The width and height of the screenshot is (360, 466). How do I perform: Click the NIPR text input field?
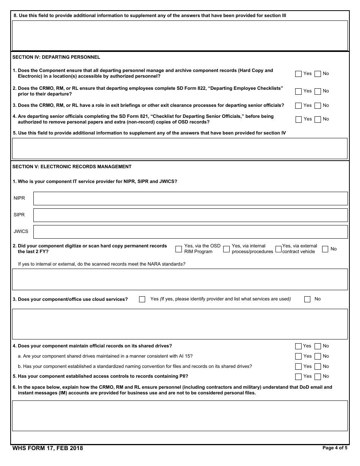190,199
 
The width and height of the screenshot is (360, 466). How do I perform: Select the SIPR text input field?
190,215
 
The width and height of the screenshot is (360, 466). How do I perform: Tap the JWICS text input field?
190,232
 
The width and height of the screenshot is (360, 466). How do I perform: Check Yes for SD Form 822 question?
298,91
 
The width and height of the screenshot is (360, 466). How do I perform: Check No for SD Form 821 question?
318,119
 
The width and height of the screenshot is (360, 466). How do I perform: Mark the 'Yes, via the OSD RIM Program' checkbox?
179,249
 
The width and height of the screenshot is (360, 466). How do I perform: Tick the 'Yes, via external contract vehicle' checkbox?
279,249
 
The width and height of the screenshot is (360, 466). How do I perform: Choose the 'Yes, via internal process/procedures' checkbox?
226,249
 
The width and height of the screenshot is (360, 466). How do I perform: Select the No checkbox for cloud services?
307,299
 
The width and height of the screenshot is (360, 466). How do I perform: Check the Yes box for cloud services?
142,299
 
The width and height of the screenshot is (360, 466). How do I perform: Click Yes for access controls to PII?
298,377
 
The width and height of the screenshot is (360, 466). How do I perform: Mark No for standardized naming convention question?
318,367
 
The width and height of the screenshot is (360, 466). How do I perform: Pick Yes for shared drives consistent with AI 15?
298,357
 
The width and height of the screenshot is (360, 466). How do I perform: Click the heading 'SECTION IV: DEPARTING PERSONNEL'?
56,57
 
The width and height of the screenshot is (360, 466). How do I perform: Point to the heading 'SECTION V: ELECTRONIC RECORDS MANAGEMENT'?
72,167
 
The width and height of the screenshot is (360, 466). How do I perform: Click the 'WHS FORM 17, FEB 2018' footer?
47,448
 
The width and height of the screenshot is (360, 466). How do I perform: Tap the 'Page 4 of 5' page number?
335,448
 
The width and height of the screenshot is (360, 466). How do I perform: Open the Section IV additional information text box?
180,149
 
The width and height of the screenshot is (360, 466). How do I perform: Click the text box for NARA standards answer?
180,279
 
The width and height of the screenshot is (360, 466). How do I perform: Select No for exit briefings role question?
318,106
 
